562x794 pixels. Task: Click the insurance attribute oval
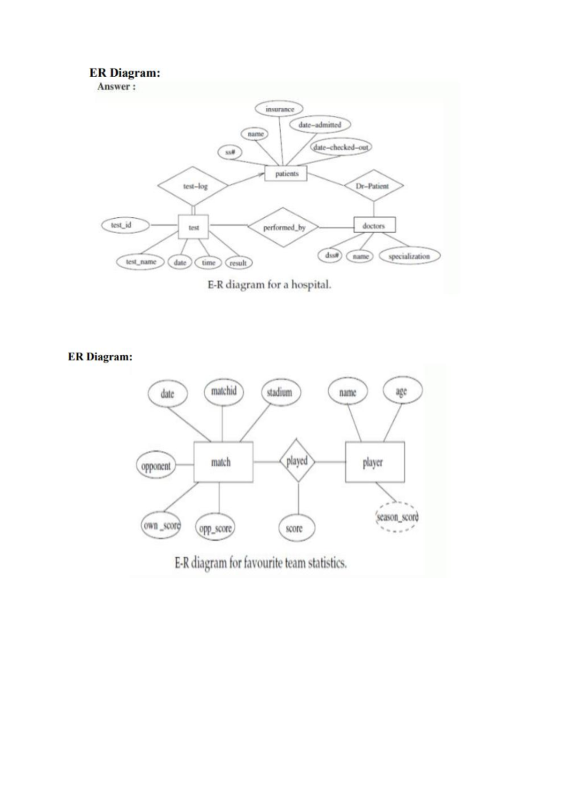(x=280, y=109)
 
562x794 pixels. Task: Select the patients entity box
(x=286, y=174)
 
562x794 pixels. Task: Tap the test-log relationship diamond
(x=194, y=186)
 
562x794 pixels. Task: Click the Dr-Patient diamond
(x=373, y=186)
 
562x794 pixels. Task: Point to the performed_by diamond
(x=283, y=228)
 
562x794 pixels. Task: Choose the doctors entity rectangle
(x=374, y=226)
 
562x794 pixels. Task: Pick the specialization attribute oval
(x=409, y=256)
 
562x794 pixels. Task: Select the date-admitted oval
(x=320, y=125)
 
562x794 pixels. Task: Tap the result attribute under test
(x=239, y=263)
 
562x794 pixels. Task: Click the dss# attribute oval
(x=331, y=255)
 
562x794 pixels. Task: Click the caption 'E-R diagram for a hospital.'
(x=269, y=285)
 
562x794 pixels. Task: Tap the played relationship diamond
(x=297, y=461)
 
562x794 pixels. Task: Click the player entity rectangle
(x=375, y=463)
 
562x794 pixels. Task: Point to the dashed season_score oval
(x=397, y=517)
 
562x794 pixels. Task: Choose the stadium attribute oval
(x=280, y=392)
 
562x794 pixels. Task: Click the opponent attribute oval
(x=156, y=466)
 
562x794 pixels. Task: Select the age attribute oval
(x=402, y=391)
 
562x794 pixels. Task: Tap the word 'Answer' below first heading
(x=114, y=87)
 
